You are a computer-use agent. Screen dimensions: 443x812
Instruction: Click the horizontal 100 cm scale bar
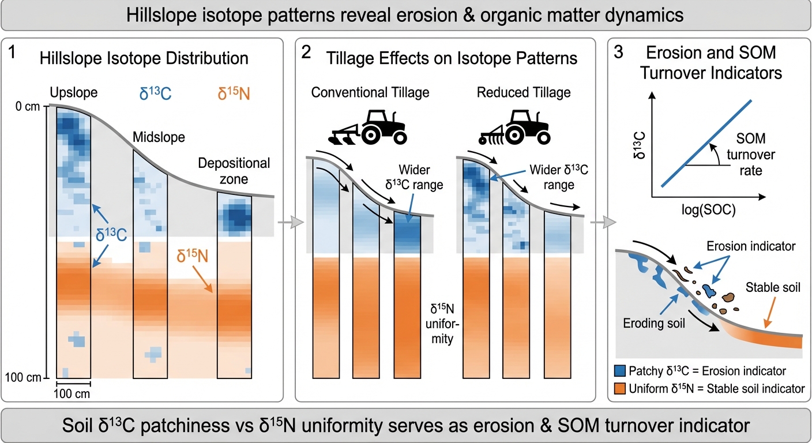[x=73, y=382]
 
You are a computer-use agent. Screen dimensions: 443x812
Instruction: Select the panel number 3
[x=619, y=54]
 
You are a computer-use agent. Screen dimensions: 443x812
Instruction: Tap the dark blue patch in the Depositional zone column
[x=234, y=217]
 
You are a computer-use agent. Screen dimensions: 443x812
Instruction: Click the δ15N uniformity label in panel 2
[x=442, y=323]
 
